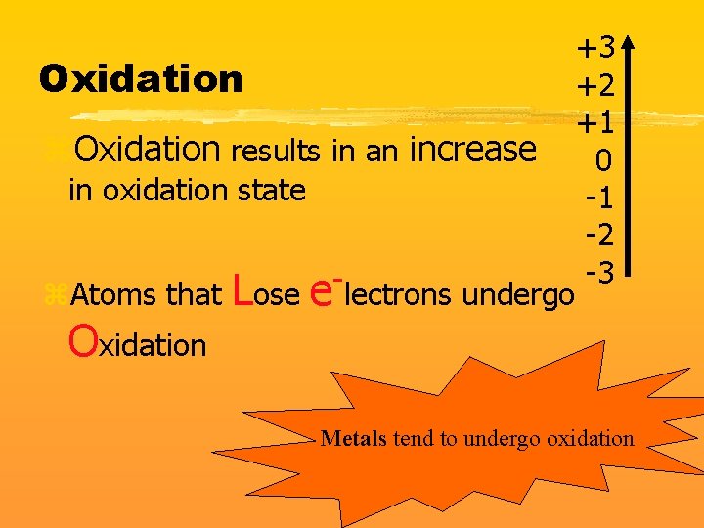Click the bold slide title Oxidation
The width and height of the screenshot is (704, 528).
click(141, 78)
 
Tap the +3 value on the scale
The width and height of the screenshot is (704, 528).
click(595, 47)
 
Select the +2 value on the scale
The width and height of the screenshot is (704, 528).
click(595, 86)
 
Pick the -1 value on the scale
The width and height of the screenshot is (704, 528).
click(598, 198)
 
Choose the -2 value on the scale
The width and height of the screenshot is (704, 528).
click(598, 236)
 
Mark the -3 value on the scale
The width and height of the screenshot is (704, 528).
click(598, 272)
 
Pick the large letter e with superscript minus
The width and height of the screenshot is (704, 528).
click(324, 289)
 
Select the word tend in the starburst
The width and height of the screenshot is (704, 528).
click(412, 438)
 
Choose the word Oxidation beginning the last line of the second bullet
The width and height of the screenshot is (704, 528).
click(137, 342)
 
